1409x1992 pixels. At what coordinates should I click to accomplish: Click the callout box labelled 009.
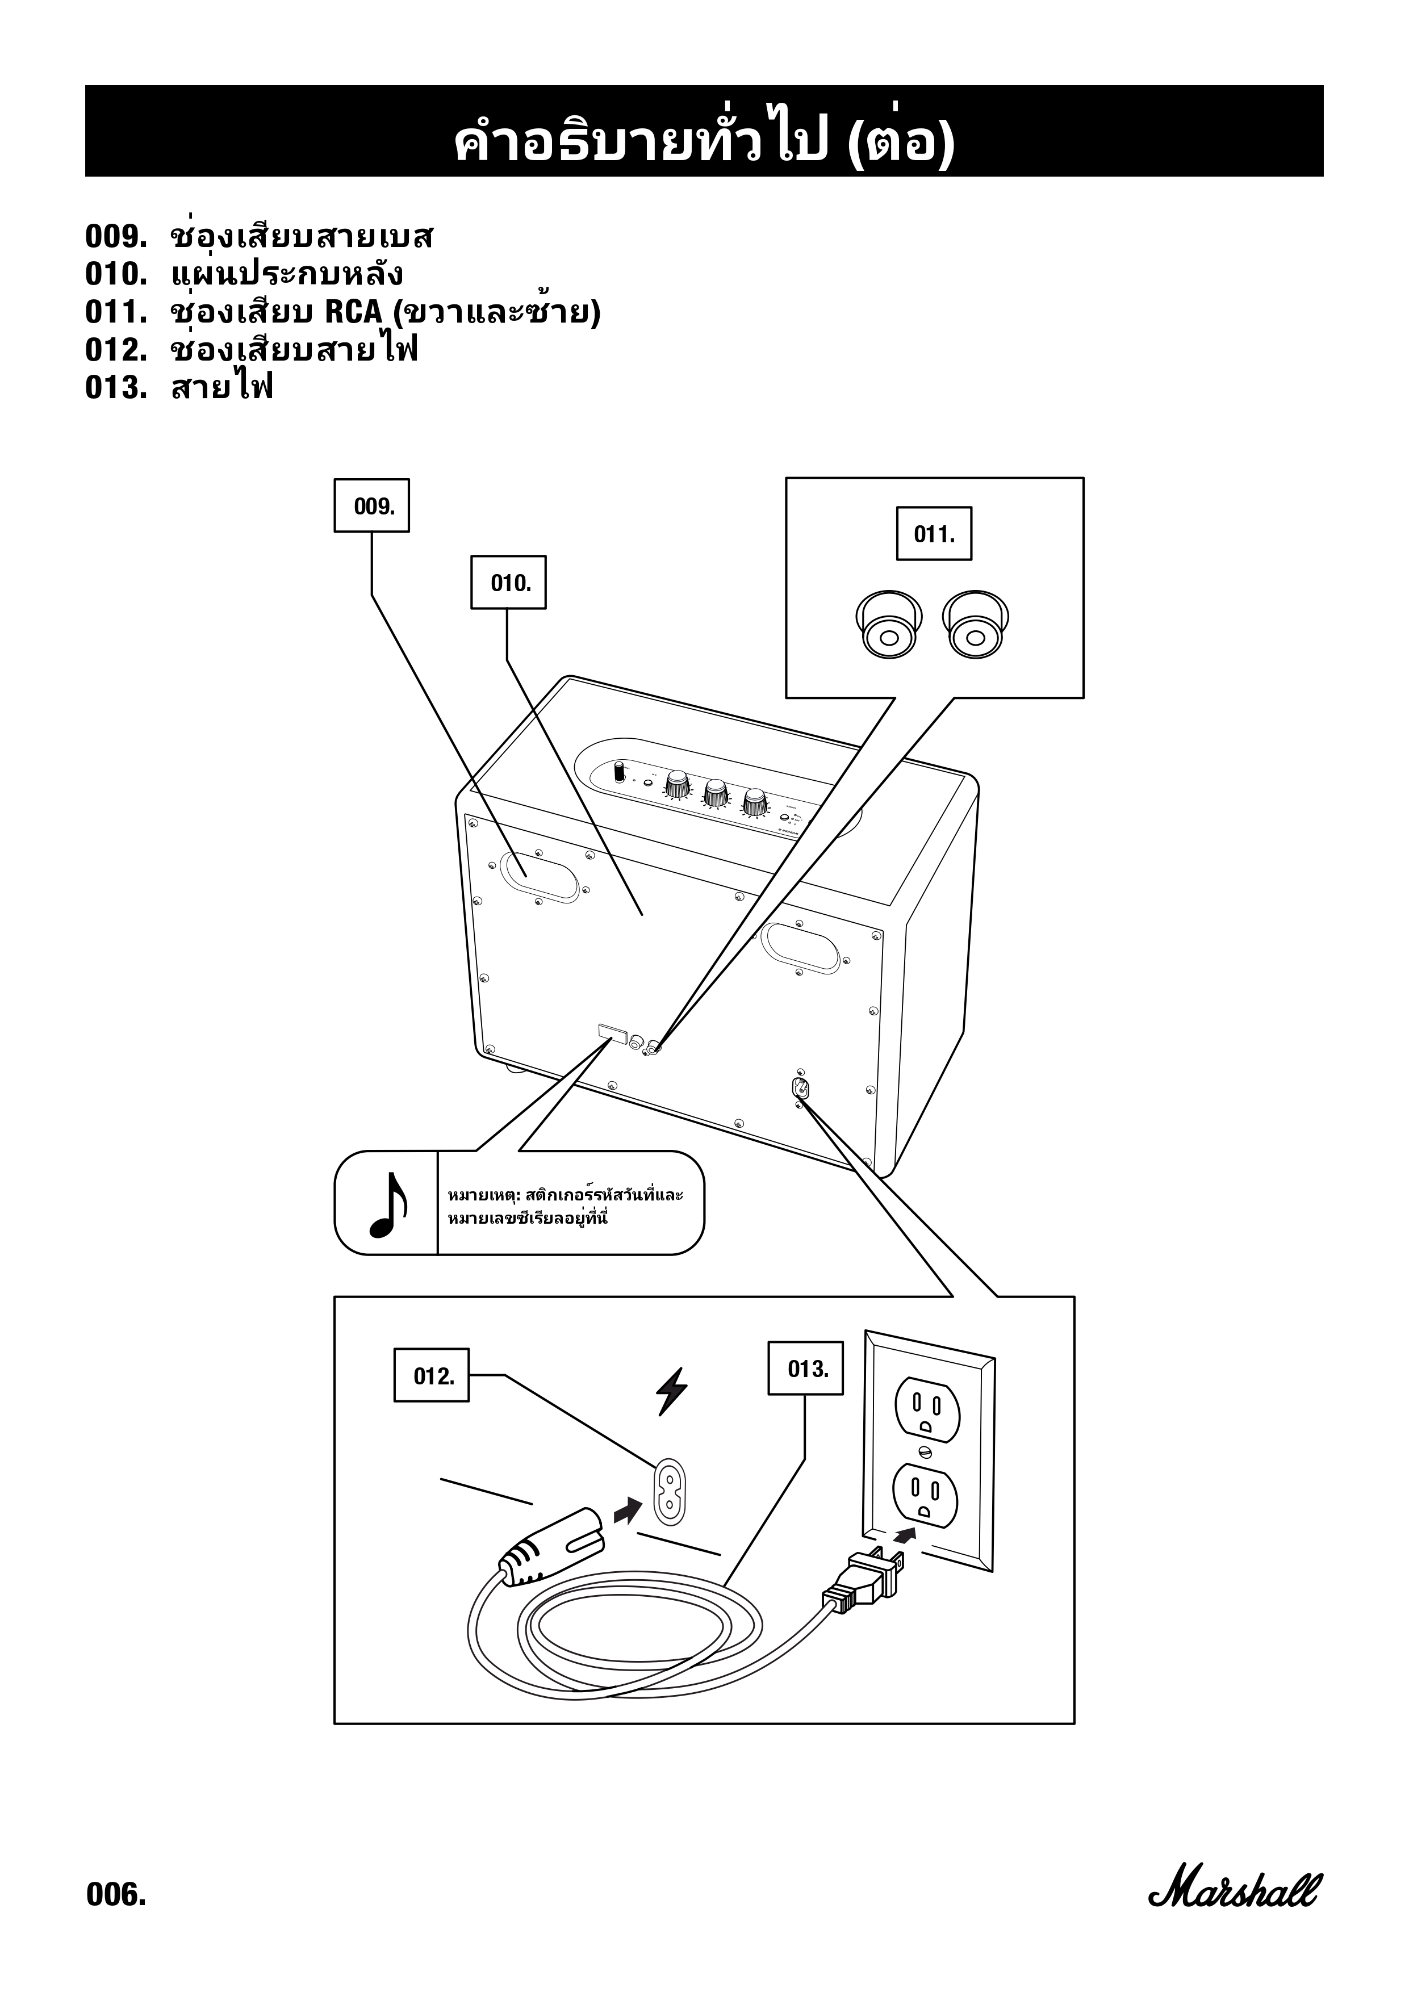(371, 506)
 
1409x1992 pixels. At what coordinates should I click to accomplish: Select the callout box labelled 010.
(508, 582)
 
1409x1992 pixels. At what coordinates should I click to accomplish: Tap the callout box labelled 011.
(934, 534)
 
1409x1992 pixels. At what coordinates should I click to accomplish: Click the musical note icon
(387, 1204)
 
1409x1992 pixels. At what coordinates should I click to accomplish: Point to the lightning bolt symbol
(671, 1391)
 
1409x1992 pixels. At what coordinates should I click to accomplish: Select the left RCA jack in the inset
(888, 625)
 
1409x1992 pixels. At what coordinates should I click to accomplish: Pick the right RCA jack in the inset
(976, 625)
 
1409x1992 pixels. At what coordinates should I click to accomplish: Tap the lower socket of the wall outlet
(926, 1497)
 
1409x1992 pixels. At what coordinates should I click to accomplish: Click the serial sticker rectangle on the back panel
(612, 1032)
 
